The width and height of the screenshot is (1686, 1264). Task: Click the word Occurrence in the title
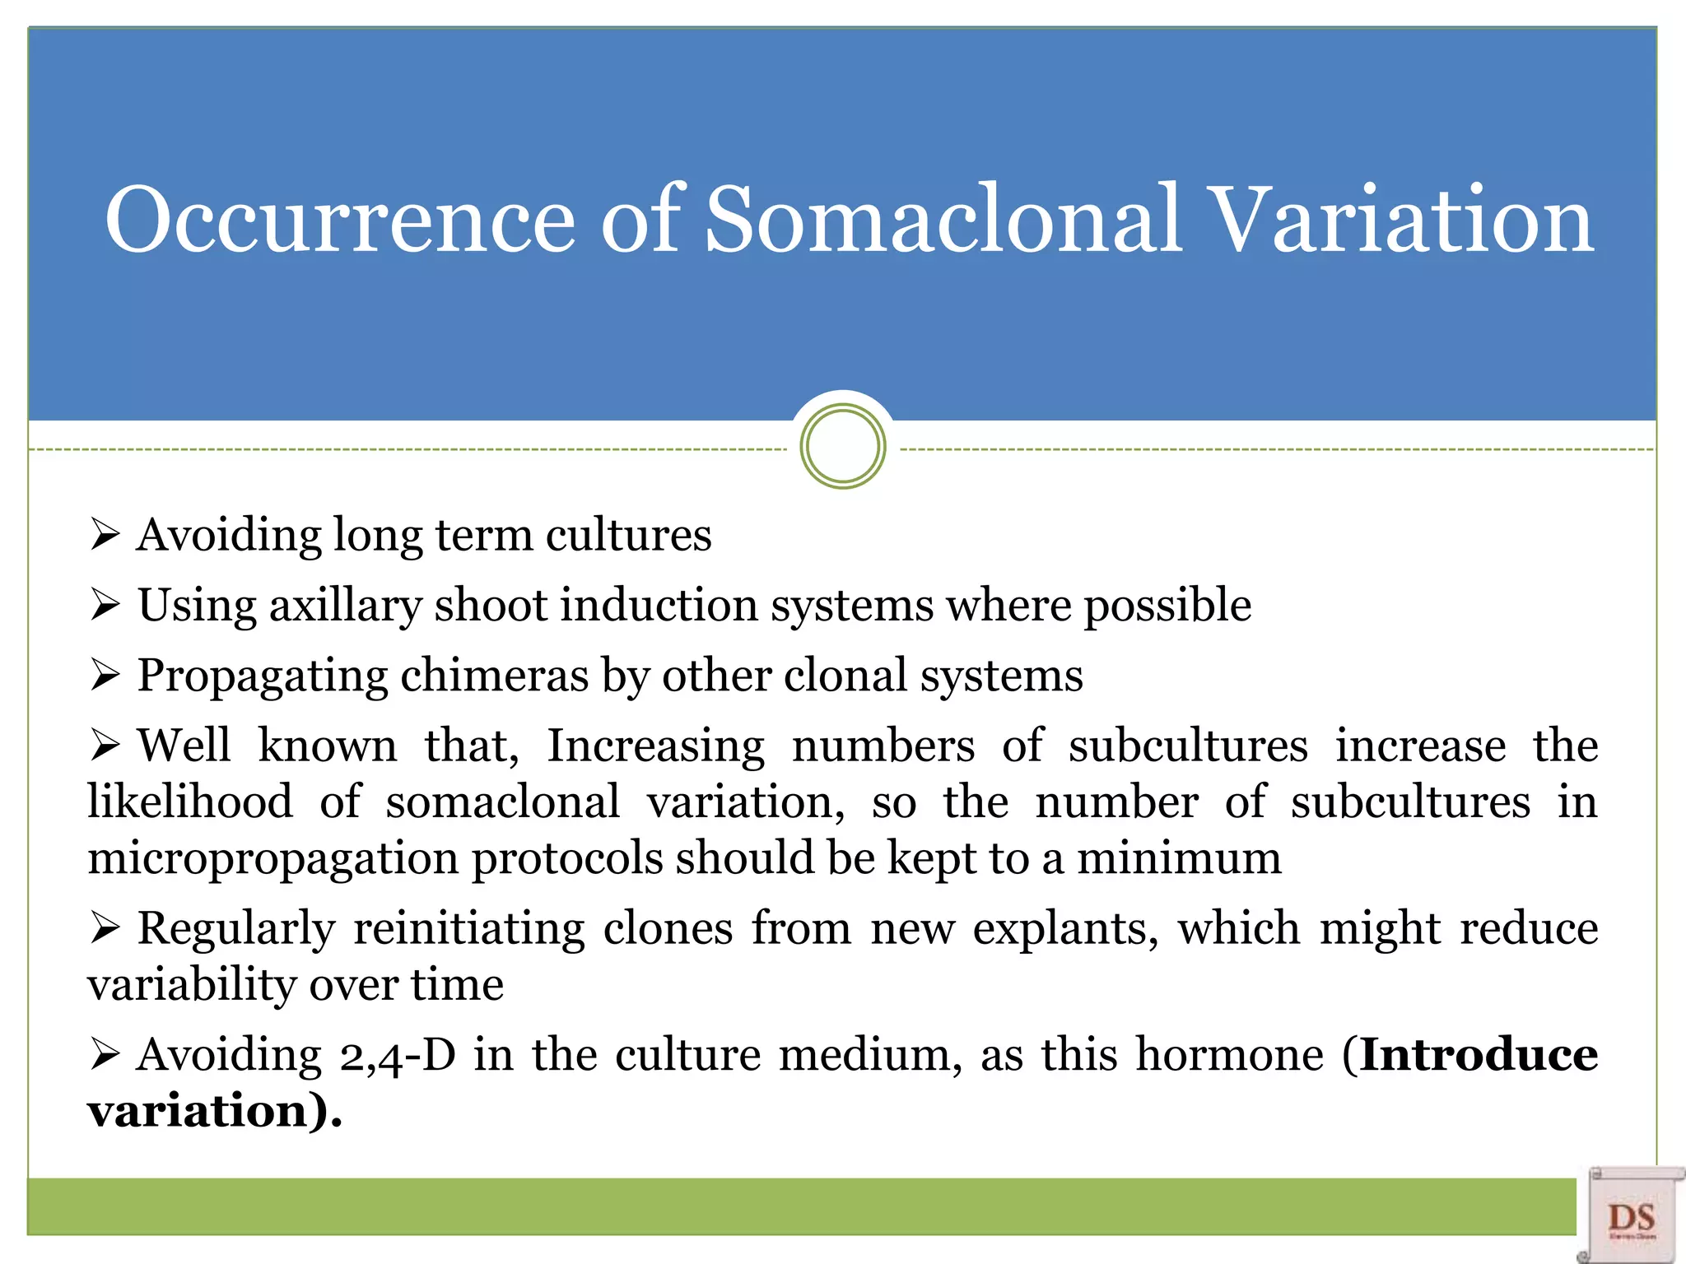[339, 221]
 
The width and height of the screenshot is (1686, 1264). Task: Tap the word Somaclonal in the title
[943, 221]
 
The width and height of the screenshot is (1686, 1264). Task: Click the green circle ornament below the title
[842, 447]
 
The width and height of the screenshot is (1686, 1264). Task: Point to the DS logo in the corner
[1631, 1216]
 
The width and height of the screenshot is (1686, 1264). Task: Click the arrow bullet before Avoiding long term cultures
[105, 536]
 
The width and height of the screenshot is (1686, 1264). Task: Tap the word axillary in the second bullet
[345, 606]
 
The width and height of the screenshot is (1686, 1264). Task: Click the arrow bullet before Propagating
[105, 676]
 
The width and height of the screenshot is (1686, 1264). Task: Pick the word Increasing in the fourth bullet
[655, 746]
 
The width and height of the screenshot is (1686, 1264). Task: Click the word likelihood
[190, 802]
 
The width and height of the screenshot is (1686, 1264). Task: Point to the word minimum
[1179, 858]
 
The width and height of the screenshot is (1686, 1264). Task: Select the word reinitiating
[469, 929]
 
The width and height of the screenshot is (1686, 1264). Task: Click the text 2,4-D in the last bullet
[398, 1056]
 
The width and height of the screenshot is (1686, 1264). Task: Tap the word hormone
[1230, 1055]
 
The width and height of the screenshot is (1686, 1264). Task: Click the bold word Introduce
[1479, 1055]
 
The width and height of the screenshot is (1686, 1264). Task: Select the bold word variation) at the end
[212, 1111]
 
